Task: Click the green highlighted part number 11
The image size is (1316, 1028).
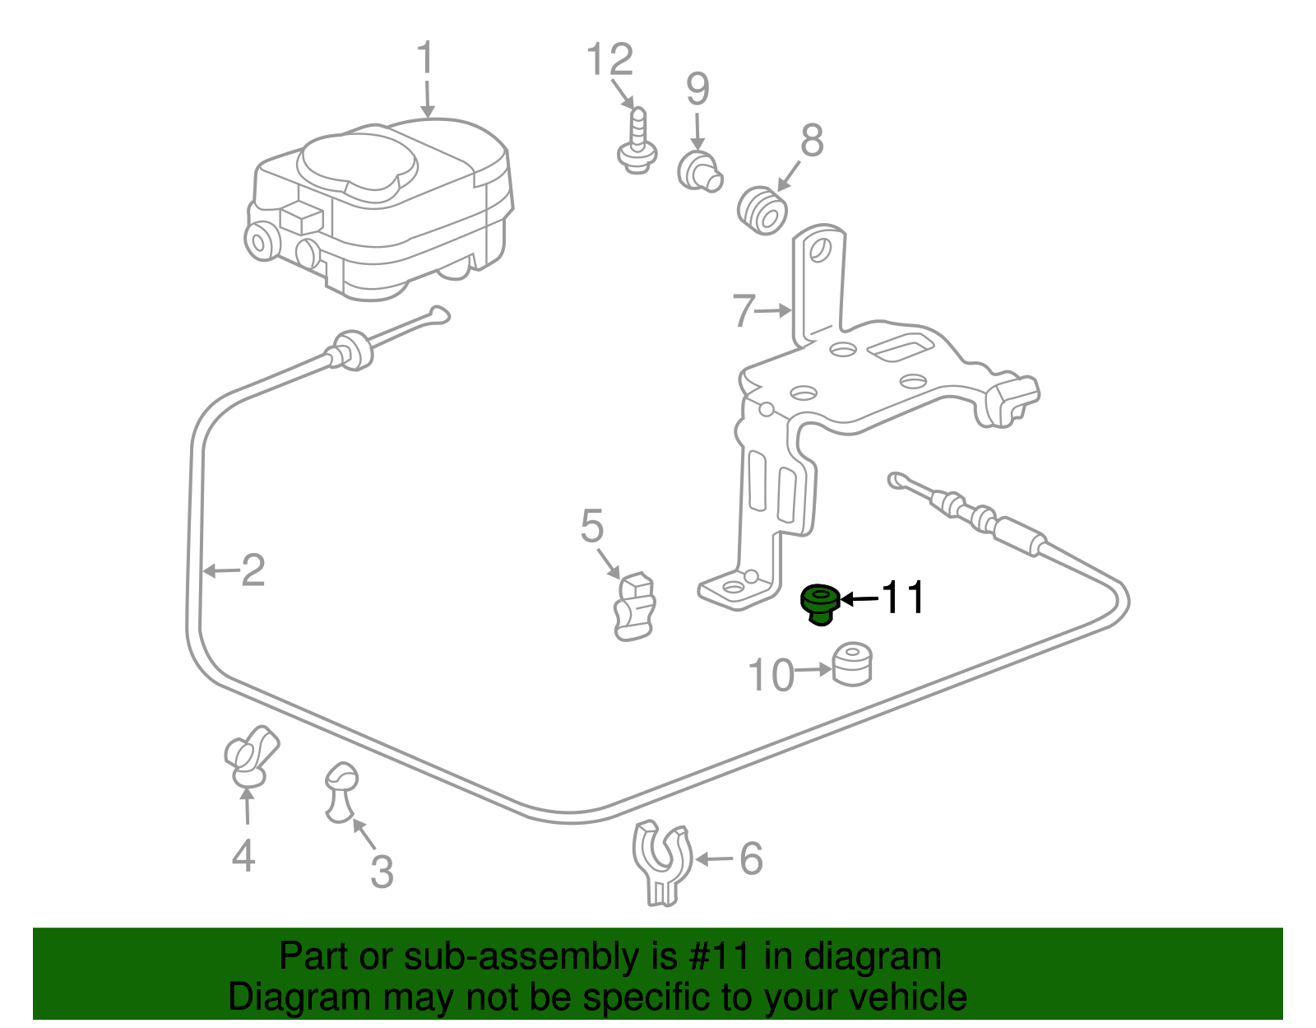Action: pyautogui.click(x=820, y=604)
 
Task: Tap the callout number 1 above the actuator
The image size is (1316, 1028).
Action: pyautogui.click(x=426, y=58)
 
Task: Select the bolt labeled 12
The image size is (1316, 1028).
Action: pyautogui.click(x=637, y=141)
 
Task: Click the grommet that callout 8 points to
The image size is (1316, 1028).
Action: pyautogui.click(x=762, y=210)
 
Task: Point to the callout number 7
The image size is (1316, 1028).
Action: pyautogui.click(x=744, y=310)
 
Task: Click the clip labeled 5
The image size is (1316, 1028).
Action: pyautogui.click(x=635, y=607)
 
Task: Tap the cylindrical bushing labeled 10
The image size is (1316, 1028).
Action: pyautogui.click(x=852, y=664)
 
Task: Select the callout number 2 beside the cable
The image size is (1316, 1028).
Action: pyautogui.click(x=253, y=570)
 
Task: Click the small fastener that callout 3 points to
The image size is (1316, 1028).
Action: pyautogui.click(x=341, y=792)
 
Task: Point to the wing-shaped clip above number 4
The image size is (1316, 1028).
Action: pyautogui.click(x=250, y=756)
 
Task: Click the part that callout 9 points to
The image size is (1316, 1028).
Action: pyautogui.click(x=700, y=172)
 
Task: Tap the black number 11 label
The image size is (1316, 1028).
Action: pyautogui.click(x=903, y=598)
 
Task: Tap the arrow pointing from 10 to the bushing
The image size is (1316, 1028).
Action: pyautogui.click(x=813, y=669)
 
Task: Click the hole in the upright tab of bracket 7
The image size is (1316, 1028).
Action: pyautogui.click(x=820, y=249)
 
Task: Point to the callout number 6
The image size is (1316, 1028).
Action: pyautogui.click(x=751, y=859)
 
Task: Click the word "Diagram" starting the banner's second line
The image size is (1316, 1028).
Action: pyautogui.click(x=299, y=997)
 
